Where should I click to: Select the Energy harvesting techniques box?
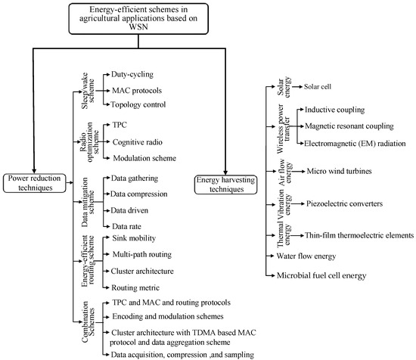pyautogui.click(x=225, y=184)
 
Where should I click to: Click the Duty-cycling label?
pyautogui.click(x=131, y=76)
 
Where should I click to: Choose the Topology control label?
pyautogui.click(x=139, y=104)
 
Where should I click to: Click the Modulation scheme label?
pyautogui.click(x=143, y=158)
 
